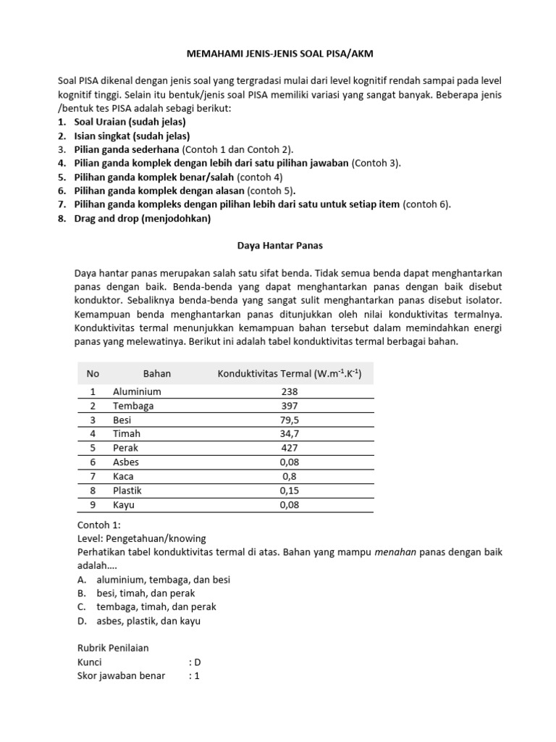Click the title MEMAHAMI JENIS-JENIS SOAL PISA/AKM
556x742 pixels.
point(278,53)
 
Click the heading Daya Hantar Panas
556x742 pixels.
point(278,246)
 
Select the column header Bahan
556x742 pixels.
point(157,374)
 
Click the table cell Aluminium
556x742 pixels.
point(137,391)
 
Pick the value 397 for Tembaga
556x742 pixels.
point(290,406)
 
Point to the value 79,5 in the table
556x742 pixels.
point(290,420)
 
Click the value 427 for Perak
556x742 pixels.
point(290,448)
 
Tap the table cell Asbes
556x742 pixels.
point(126,462)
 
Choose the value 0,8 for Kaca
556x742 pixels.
point(290,476)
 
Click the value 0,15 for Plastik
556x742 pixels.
point(290,491)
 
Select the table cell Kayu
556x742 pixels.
point(124,504)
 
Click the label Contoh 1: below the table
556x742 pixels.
point(100,525)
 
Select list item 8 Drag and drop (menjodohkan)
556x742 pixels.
point(142,218)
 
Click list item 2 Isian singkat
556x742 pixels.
point(132,136)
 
